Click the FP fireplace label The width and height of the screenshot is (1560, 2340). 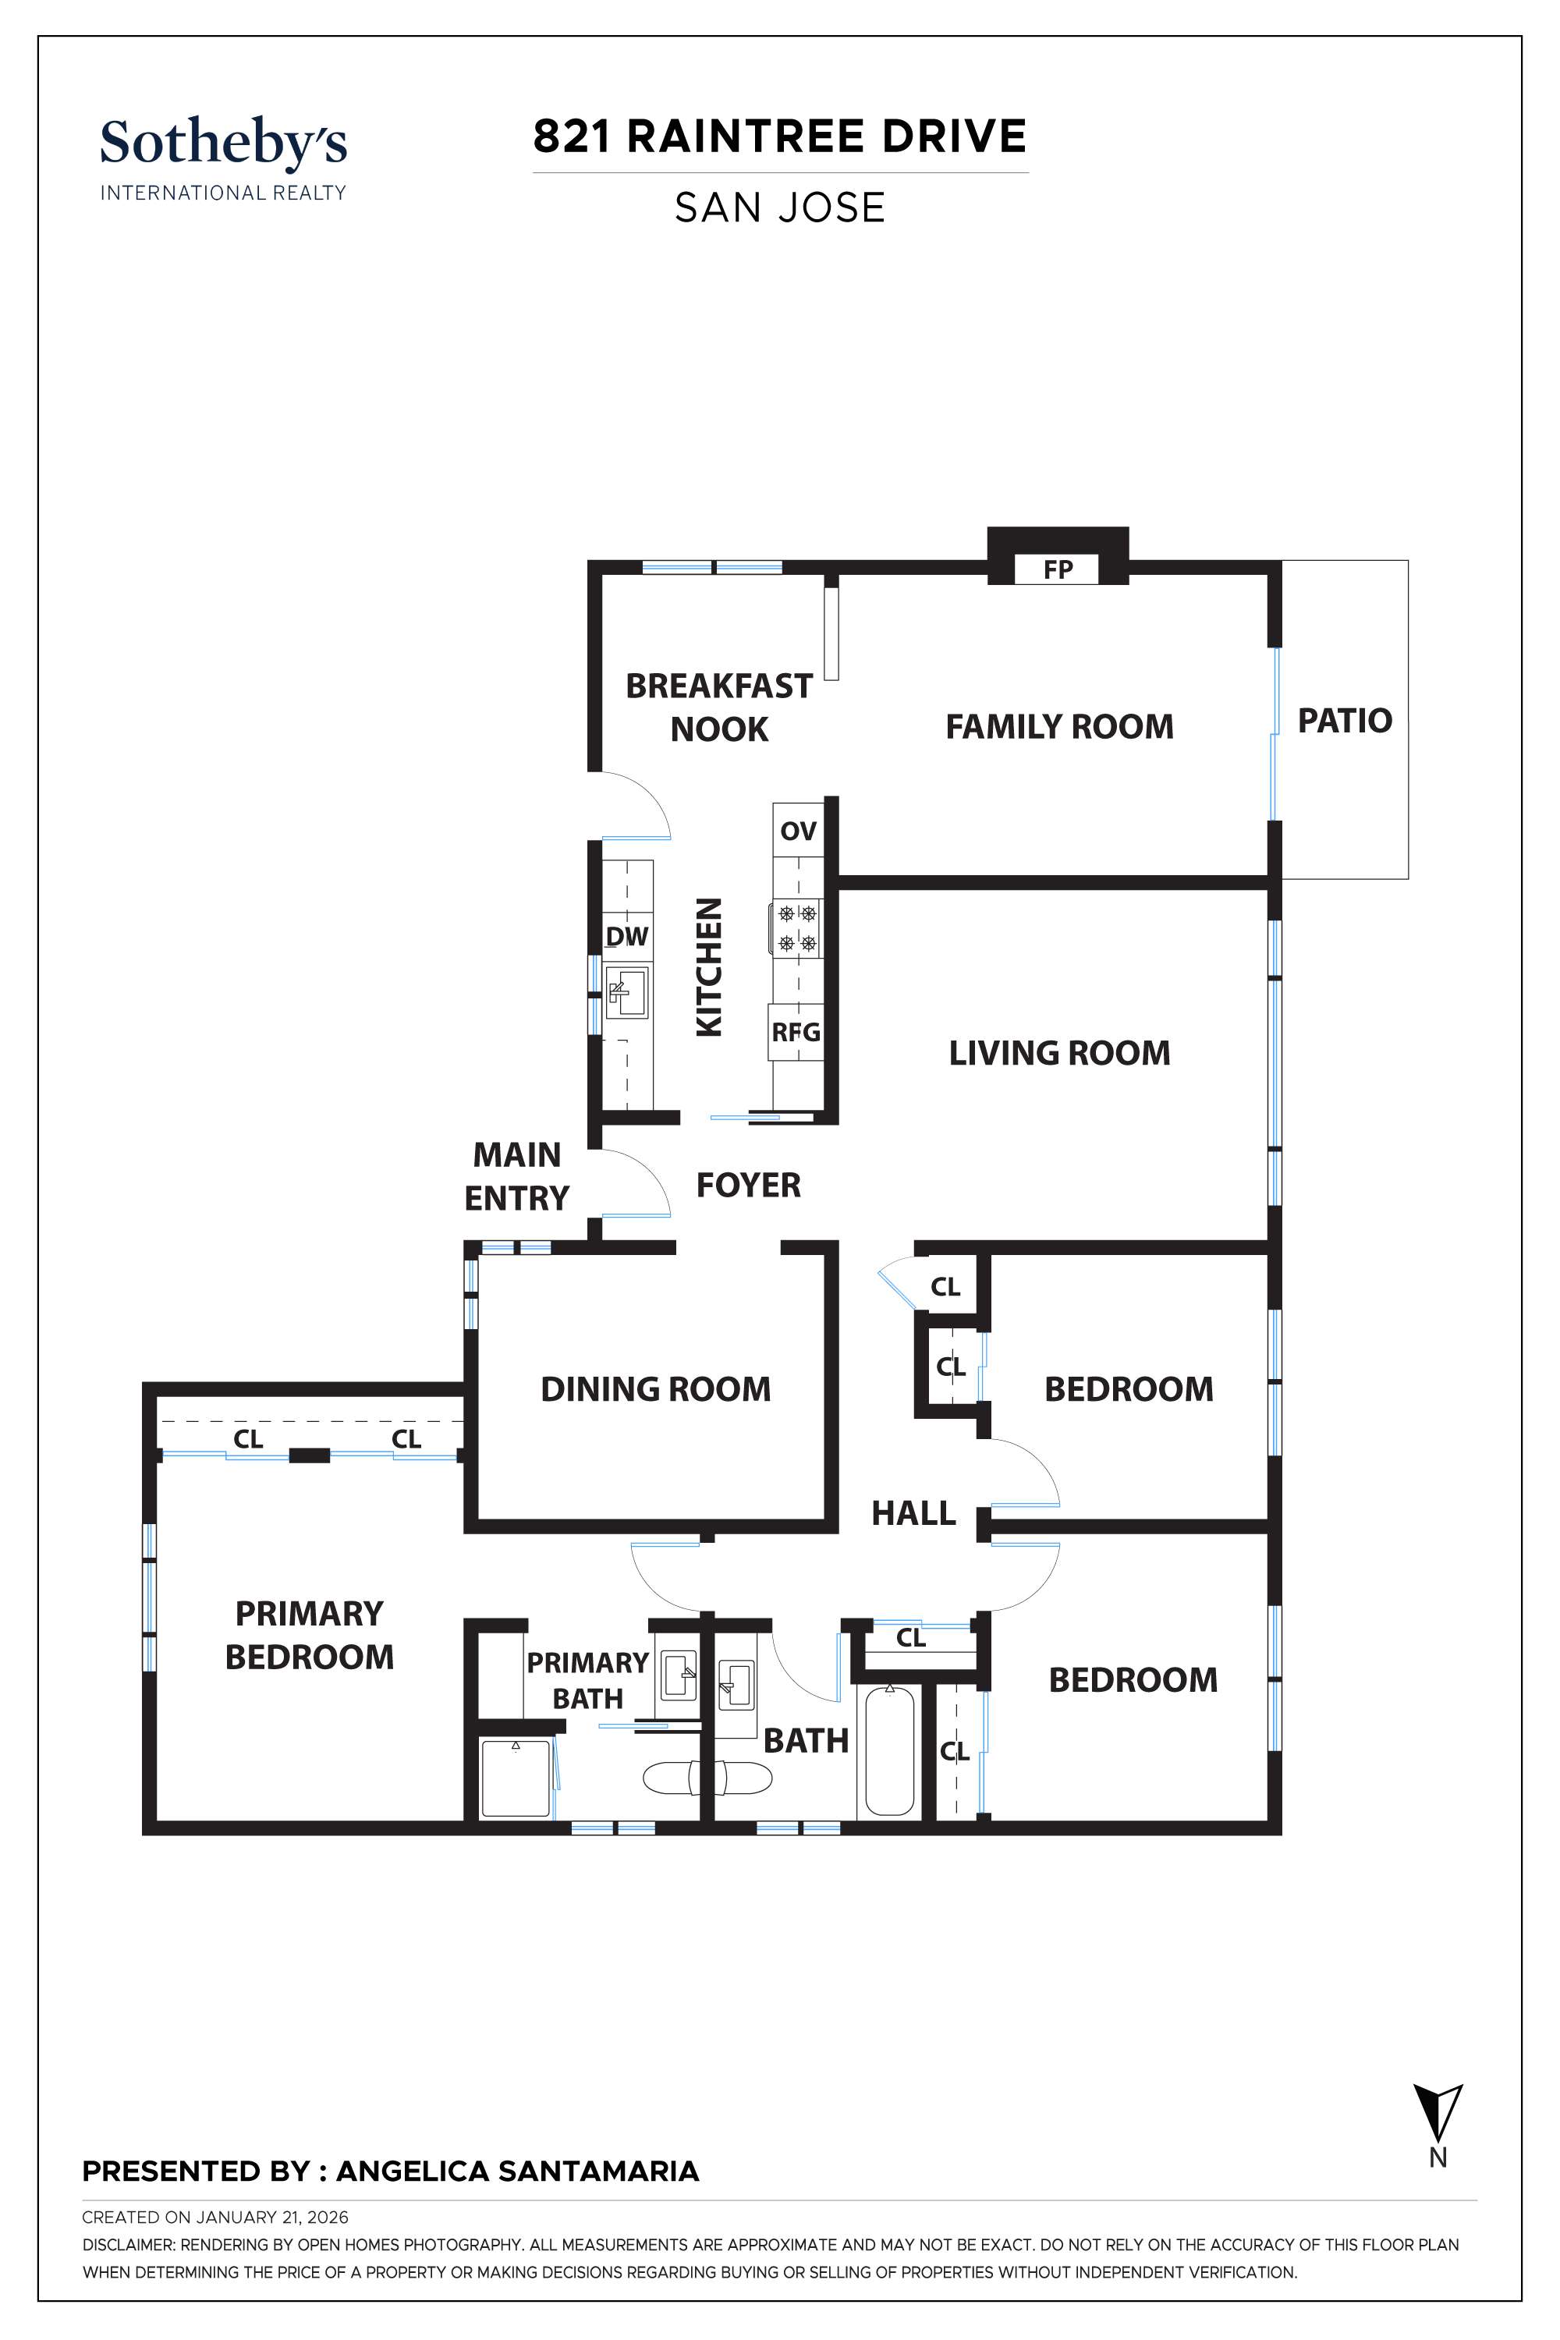(x=1057, y=569)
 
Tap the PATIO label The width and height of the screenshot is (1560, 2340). (x=1344, y=720)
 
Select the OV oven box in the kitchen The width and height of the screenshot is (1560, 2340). (x=798, y=830)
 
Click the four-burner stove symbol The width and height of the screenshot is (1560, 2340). (x=797, y=927)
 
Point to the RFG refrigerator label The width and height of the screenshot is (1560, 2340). (x=796, y=1032)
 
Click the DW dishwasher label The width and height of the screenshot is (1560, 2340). (x=627, y=935)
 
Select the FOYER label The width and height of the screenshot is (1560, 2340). (x=748, y=1185)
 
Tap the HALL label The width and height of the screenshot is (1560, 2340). (x=913, y=1513)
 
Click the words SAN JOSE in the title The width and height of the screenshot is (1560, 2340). (x=779, y=208)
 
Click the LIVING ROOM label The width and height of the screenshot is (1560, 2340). (x=1058, y=1052)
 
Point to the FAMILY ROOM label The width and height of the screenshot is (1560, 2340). (x=1058, y=726)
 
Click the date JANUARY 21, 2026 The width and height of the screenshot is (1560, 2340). (x=271, y=2217)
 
